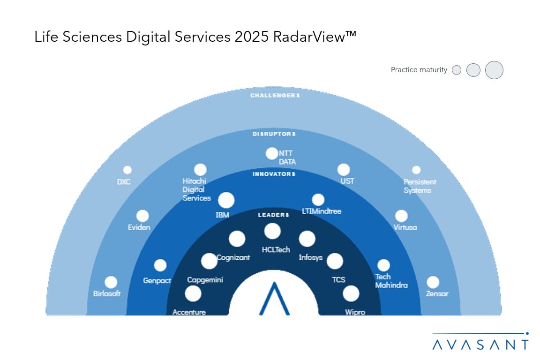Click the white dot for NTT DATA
pos(271,153)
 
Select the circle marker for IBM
pos(226,201)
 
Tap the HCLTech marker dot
pos(272,231)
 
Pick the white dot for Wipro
pos(351,294)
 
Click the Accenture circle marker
pos(193,294)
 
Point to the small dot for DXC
pos(127,170)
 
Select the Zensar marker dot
pos(433,282)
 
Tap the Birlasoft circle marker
pos(111,282)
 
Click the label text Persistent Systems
pos(420,186)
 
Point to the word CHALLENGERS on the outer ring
pos(275,96)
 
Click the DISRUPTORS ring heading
pos(274,134)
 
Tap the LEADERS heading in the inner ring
pos(273,215)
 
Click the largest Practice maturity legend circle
pos(494,70)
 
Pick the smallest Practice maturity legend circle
pos(457,70)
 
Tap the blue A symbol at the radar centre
pos(274,298)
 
